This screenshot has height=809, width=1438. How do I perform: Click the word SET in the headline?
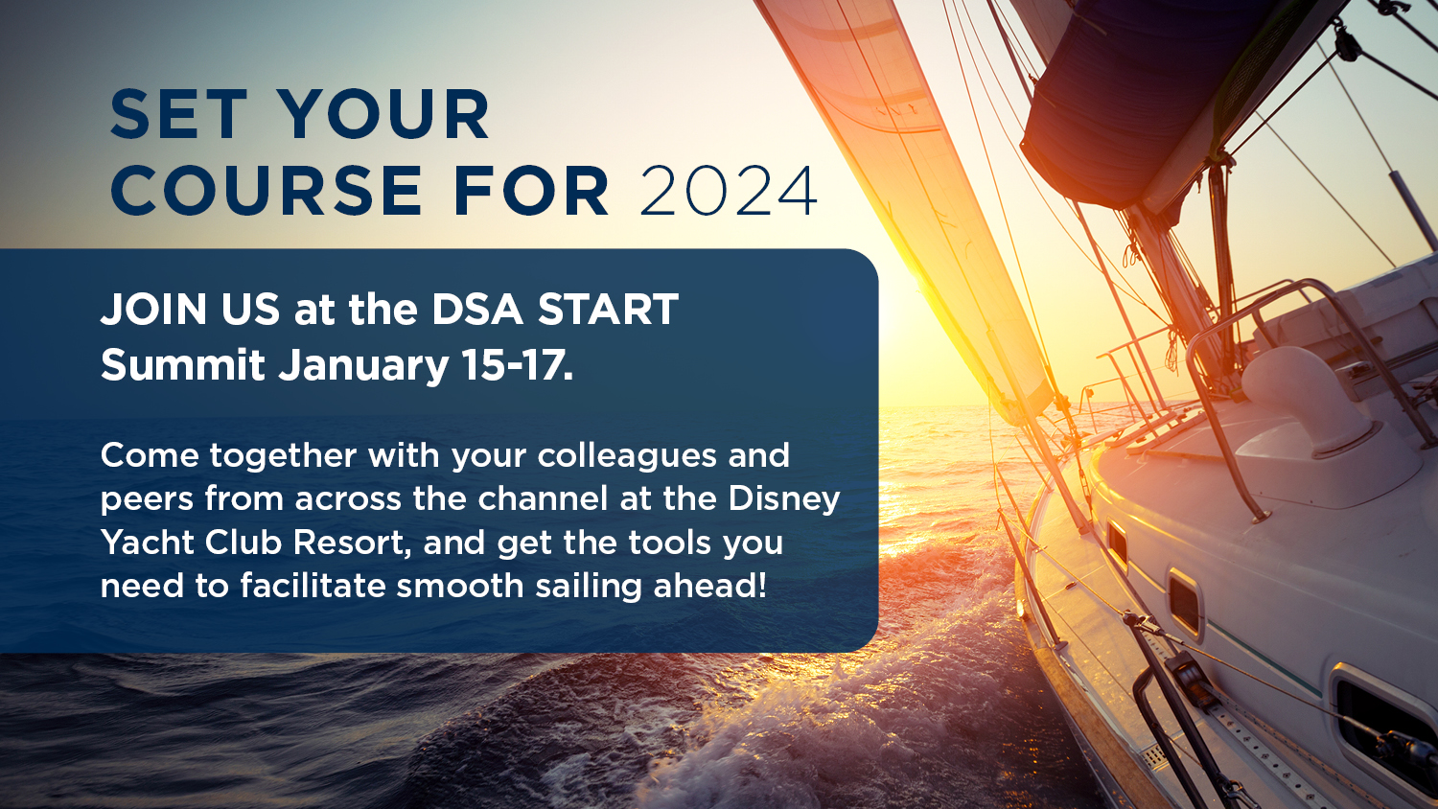pos(179,114)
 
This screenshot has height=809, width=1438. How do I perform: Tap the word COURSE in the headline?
pos(266,191)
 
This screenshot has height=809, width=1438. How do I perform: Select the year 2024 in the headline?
pos(729,191)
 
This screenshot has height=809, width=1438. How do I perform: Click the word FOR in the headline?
pos(530,191)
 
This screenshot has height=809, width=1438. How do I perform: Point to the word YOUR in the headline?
pos(385,114)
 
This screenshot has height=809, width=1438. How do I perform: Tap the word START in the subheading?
pos(608,309)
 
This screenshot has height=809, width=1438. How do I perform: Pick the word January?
pos(363,366)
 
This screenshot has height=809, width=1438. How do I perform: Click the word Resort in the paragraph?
pos(351,543)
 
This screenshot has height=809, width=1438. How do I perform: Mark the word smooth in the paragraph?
pos(459,586)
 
